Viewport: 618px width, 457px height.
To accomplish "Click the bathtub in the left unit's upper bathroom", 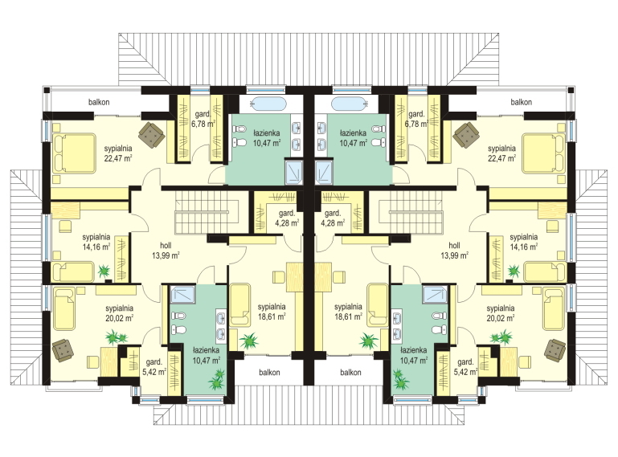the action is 268,104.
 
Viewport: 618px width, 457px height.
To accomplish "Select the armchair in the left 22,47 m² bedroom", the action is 152,135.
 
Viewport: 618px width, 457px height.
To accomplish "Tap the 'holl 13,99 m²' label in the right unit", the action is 454,250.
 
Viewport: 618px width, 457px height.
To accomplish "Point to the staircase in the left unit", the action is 207,212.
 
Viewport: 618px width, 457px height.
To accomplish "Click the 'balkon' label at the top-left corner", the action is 99,102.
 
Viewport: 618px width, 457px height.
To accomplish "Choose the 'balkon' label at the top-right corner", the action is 521,102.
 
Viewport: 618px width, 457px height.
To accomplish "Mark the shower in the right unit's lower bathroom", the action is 435,294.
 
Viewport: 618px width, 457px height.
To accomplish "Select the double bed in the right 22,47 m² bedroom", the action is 543,153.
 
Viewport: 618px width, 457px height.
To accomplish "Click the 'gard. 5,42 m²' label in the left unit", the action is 156,367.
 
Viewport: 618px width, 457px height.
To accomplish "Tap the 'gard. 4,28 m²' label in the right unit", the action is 333,218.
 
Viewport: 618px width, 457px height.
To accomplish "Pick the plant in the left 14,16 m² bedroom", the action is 104,271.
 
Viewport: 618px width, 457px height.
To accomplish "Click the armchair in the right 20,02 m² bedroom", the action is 555,350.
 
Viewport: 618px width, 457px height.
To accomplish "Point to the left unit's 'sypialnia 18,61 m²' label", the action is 272,312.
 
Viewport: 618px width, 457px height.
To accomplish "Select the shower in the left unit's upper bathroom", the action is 293,172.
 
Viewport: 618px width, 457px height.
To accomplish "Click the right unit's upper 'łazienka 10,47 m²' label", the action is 353,138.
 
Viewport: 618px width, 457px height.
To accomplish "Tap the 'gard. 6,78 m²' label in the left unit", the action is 203,119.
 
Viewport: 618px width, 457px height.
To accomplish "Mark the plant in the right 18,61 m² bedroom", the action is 369,341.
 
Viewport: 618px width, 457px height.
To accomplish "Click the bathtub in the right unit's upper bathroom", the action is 349,104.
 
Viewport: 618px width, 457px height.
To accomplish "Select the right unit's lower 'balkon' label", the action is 350,373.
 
